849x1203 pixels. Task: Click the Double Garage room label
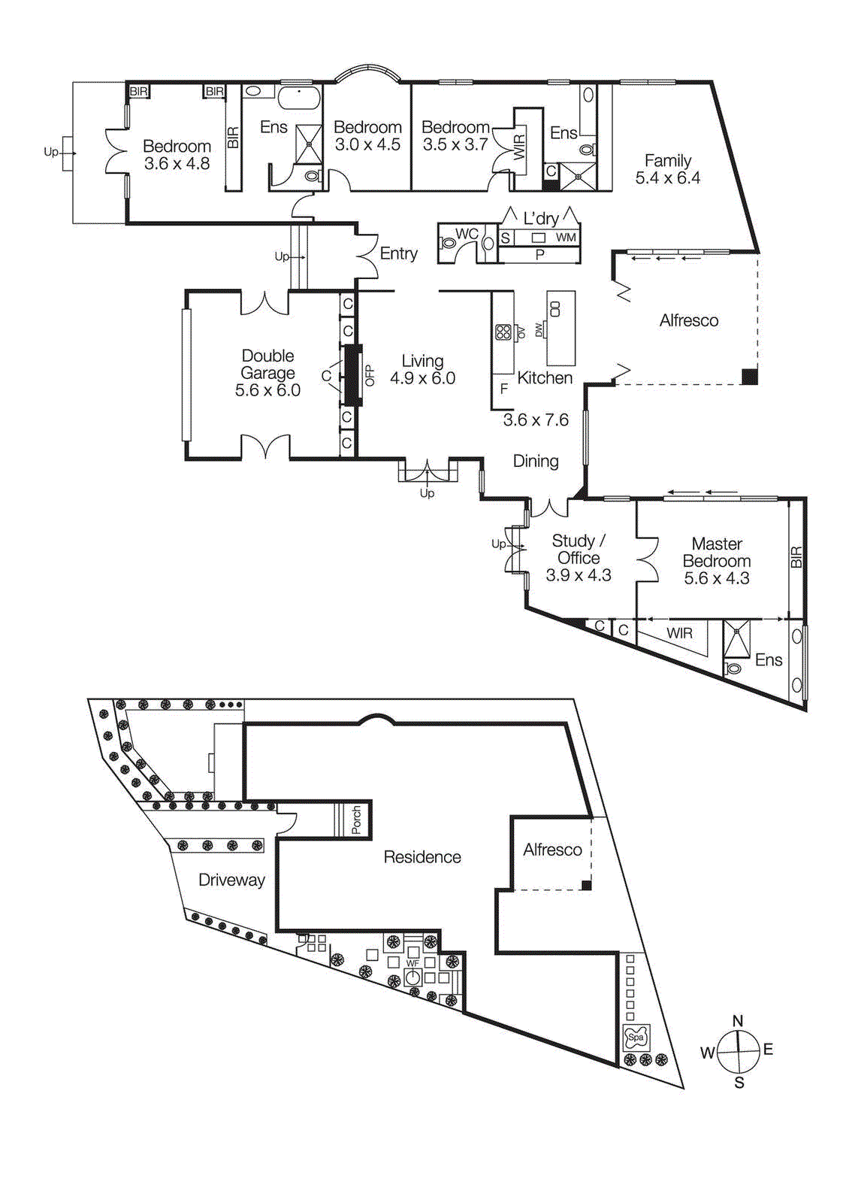[267, 373]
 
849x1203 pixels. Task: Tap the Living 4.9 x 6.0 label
[422, 370]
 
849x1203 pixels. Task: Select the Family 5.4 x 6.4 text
[667, 169]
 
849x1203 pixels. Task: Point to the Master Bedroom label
[717, 561]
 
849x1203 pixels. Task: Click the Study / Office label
[579, 558]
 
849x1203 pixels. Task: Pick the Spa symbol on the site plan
[636, 1038]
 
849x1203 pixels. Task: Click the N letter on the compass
[738, 1021]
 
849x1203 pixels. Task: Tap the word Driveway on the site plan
[231, 880]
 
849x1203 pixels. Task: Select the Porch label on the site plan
[356, 820]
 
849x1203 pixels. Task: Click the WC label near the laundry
[467, 234]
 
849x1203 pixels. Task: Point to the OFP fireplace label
[369, 375]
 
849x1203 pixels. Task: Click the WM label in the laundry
[566, 238]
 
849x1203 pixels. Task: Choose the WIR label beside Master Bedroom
[679, 633]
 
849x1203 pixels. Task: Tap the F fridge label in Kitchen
[504, 389]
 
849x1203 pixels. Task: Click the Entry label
[398, 253]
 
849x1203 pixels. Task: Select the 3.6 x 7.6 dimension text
[536, 420]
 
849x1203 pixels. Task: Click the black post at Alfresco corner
[749, 377]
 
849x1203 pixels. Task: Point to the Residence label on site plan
[422, 857]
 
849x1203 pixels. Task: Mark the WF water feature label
[412, 963]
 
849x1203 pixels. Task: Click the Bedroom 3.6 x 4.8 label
[177, 155]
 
